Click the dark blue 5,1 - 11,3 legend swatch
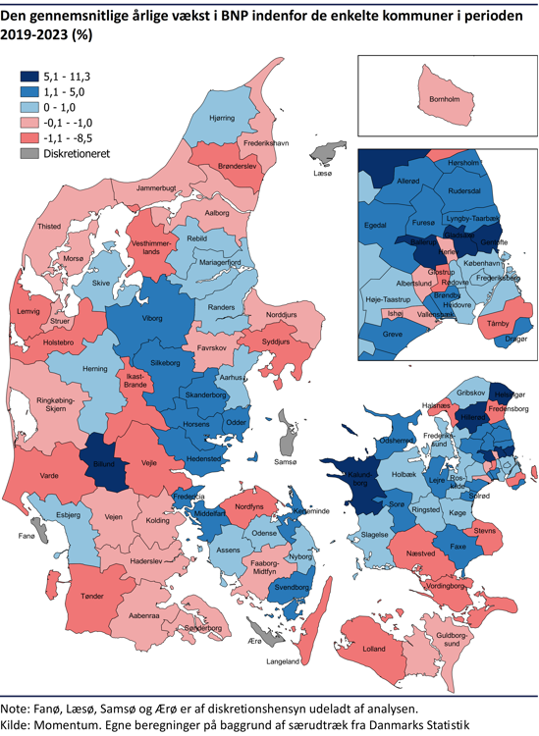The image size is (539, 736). point(31,76)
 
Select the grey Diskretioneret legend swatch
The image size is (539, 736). point(31,154)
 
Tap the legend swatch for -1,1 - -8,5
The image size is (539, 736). point(31,138)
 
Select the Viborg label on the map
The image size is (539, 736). point(151,319)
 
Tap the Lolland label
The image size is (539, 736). point(374,650)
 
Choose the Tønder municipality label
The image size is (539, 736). point(92,596)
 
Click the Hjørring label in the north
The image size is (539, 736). point(222,118)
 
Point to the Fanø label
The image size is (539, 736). point(27,536)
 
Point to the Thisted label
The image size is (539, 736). point(49,226)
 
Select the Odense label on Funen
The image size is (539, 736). point(264,533)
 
